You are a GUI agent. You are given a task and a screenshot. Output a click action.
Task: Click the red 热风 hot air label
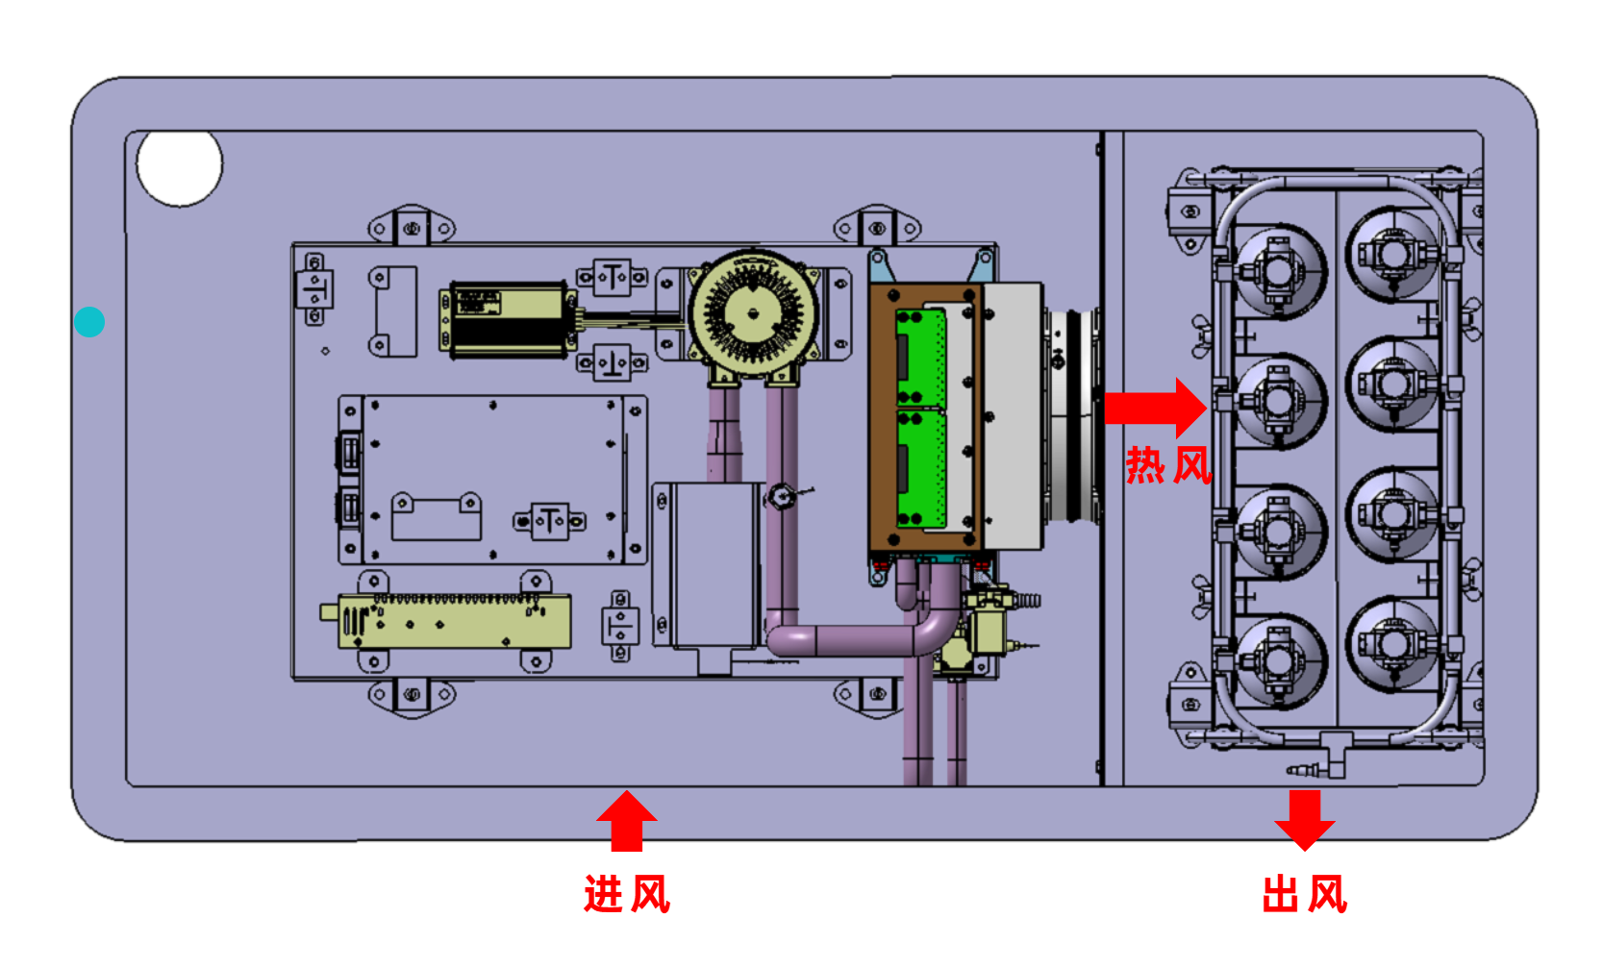pos(1168,465)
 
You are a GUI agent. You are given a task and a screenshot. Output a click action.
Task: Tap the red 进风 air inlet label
pos(626,894)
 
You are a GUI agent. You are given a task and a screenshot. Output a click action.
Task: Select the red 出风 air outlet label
pos(1304,894)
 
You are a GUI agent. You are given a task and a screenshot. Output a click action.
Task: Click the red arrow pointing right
pos(1154,408)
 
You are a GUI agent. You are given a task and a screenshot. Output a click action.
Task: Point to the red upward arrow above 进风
pos(627,819)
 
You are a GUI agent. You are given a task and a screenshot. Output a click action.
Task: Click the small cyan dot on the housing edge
pos(89,322)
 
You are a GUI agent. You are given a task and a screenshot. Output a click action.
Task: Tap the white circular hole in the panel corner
pos(180,165)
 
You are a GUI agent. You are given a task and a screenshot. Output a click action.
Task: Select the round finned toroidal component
pos(753,312)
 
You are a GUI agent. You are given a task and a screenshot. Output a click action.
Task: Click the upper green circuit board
pos(920,357)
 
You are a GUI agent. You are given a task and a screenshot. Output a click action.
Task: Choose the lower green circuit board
pos(920,468)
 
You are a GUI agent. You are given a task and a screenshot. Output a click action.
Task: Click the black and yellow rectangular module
pos(506,320)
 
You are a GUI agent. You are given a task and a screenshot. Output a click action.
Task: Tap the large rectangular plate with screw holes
pos(492,479)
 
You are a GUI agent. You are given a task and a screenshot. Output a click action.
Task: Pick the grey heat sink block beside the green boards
pos(1012,416)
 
